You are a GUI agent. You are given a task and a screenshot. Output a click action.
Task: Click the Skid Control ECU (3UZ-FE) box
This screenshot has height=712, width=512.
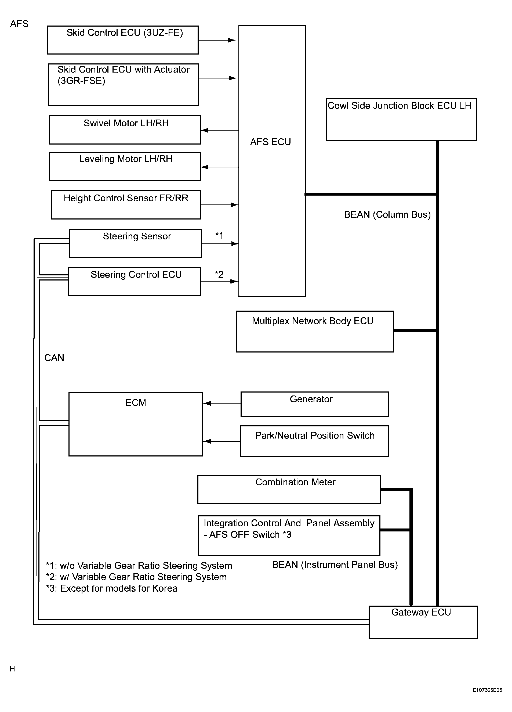click(123, 40)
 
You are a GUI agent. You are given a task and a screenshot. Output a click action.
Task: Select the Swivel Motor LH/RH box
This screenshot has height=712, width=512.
click(125, 130)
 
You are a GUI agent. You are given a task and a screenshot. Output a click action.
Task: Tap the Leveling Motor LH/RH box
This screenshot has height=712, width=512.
click(125, 166)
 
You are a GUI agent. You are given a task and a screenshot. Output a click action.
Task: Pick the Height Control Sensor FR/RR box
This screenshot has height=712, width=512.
click(126, 204)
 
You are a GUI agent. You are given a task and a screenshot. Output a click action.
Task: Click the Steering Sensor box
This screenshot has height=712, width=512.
click(135, 244)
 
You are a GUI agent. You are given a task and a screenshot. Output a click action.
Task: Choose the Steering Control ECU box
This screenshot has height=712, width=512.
click(134, 281)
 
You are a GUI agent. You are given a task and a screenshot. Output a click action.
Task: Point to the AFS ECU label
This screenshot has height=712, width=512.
click(270, 142)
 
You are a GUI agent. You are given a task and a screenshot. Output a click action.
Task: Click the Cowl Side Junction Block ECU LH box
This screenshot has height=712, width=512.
click(401, 120)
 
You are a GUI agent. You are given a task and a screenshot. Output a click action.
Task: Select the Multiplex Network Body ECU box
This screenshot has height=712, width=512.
click(315, 332)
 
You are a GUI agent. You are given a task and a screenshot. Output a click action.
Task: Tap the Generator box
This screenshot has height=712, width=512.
click(315, 404)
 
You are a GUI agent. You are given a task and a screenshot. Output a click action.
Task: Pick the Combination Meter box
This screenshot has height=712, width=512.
click(289, 490)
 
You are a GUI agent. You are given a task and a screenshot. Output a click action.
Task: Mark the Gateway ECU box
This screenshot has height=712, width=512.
click(423, 622)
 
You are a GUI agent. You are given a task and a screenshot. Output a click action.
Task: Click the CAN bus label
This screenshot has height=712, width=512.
click(54, 358)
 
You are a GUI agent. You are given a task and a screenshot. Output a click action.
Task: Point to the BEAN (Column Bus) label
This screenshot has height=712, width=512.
click(387, 214)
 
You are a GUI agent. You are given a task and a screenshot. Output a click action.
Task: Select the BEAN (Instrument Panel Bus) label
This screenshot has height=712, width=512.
click(335, 565)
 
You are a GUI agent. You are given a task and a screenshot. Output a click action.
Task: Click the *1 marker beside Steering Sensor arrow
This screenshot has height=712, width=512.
click(219, 235)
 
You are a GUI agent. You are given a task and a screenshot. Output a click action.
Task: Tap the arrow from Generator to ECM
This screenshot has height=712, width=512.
click(222, 403)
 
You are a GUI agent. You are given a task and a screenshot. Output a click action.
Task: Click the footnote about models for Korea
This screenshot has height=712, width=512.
click(112, 588)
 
